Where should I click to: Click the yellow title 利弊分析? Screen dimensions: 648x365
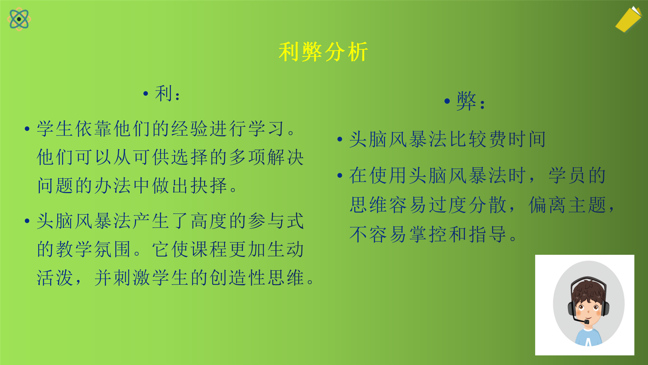click(323, 52)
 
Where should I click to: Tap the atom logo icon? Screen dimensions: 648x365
click(19, 19)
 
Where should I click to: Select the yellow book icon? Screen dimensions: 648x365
click(629, 19)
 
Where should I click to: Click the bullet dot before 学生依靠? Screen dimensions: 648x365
click(27, 129)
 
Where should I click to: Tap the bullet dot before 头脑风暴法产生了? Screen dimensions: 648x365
click(27, 221)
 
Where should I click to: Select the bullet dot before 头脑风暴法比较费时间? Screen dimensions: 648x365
click(340, 140)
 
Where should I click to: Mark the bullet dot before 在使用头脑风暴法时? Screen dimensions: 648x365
click(340, 176)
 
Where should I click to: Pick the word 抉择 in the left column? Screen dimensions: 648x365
click(209, 186)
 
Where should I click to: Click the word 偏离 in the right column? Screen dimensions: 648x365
click(548, 205)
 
